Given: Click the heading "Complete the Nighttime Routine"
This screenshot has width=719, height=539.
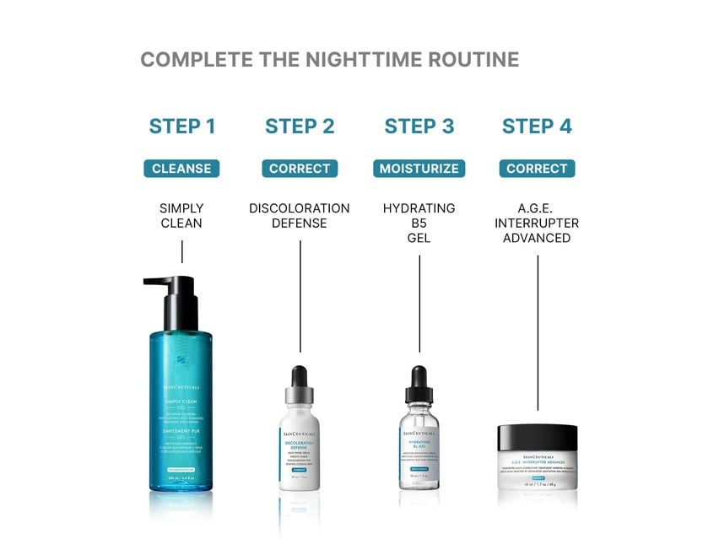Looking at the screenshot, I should pyautogui.click(x=329, y=60).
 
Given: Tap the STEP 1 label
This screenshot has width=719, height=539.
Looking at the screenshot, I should pyautogui.click(x=182, y=127).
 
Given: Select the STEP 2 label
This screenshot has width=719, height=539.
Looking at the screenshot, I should pyautogui.click(x=300, y=127).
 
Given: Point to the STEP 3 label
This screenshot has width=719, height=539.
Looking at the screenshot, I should pyautogui.click(x=419, y=127).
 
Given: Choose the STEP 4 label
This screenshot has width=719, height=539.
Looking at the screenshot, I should pyautogui.click(x=537, y=127).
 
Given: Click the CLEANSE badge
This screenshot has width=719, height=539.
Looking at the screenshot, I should pyautogui.click(x=181, y=169).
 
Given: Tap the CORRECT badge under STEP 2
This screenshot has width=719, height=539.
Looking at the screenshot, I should pyautogui.click(x=300, y=169).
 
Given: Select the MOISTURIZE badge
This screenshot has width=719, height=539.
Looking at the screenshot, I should pyautogui.click(x=419, y=169).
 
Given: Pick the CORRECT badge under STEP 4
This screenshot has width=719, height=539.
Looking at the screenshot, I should pyautogui.click(x=537, y=169).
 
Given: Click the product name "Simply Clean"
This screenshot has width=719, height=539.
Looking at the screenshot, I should pyautogui.click(x=181, y=215).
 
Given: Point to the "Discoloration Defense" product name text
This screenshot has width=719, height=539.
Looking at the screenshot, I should pyautogui.click(x=300, y=215).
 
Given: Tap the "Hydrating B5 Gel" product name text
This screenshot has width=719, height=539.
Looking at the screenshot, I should pyautogui.click(x=419, y=223).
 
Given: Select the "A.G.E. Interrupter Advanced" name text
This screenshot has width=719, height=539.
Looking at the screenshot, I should pyautogui.click(x=537, y=223).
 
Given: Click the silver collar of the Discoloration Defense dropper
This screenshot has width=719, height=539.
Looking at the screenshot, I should pyautogui.click(x=300, y=396).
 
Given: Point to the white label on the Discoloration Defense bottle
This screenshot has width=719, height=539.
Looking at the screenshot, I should pyautogui.click(x=300, y=455).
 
